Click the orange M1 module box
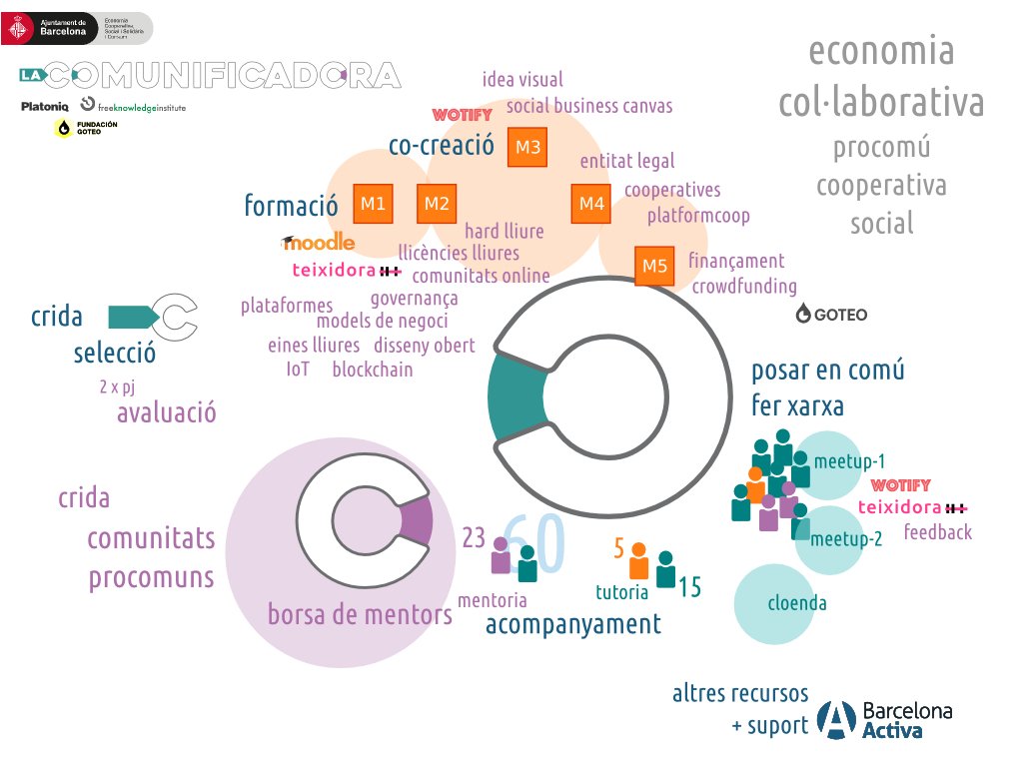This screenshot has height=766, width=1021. tap(373, 204)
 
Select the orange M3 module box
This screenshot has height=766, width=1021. tap(527, 148)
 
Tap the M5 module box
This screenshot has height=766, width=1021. tap(654, 266)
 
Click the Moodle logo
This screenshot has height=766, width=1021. tap(319, 242)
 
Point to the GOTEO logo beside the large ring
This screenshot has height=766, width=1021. tap(831, 315)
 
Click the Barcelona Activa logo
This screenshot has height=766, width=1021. tap(884, 720)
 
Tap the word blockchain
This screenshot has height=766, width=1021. tap(372, 370)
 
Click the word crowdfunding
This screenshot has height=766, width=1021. tap(744, 287)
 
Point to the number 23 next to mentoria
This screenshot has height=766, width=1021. tap(474, 538)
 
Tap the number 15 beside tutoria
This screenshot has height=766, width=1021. tap(689, 587)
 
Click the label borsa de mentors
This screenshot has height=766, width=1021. tap(360, 614)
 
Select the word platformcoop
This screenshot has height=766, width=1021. tap(698, 215)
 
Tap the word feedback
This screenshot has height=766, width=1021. tap(937, 532)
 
